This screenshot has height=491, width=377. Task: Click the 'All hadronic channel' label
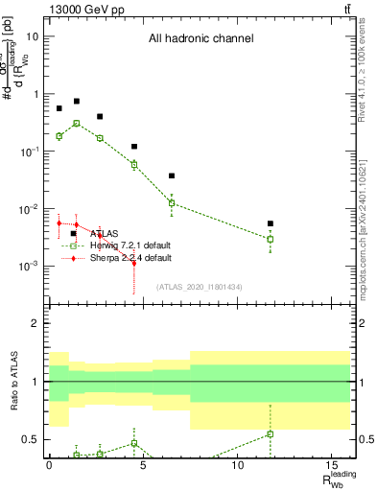coord(200,39)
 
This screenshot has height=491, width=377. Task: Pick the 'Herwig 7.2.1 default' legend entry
coord(130,245)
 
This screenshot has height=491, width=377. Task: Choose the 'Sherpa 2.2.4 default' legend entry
coord(130,258)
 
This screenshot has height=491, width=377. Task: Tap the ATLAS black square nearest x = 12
coord(271,223)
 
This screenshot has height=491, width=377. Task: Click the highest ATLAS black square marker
coord(77,101)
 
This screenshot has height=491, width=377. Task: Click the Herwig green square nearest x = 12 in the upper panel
coord(271,239)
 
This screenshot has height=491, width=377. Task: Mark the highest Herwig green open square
coord(77,123)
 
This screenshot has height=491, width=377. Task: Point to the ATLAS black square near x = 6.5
coord(172,175)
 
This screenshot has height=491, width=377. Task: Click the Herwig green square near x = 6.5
coord(172,202)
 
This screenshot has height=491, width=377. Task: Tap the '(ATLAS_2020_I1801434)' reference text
coord(200,287)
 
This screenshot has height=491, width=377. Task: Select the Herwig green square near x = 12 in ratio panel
coord(271,433)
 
